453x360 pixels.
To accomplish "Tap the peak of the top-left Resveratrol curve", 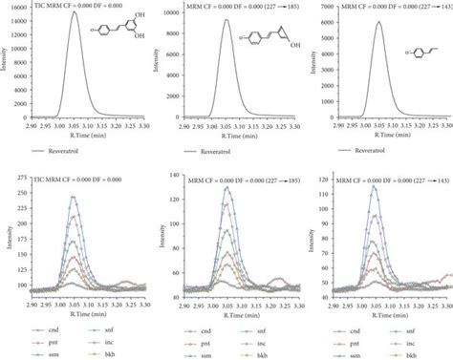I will click(x=75, y=12).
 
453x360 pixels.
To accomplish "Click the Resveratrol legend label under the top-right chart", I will click(x=387, y=151).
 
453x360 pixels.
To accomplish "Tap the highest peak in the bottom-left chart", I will click(x=73, y=197).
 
